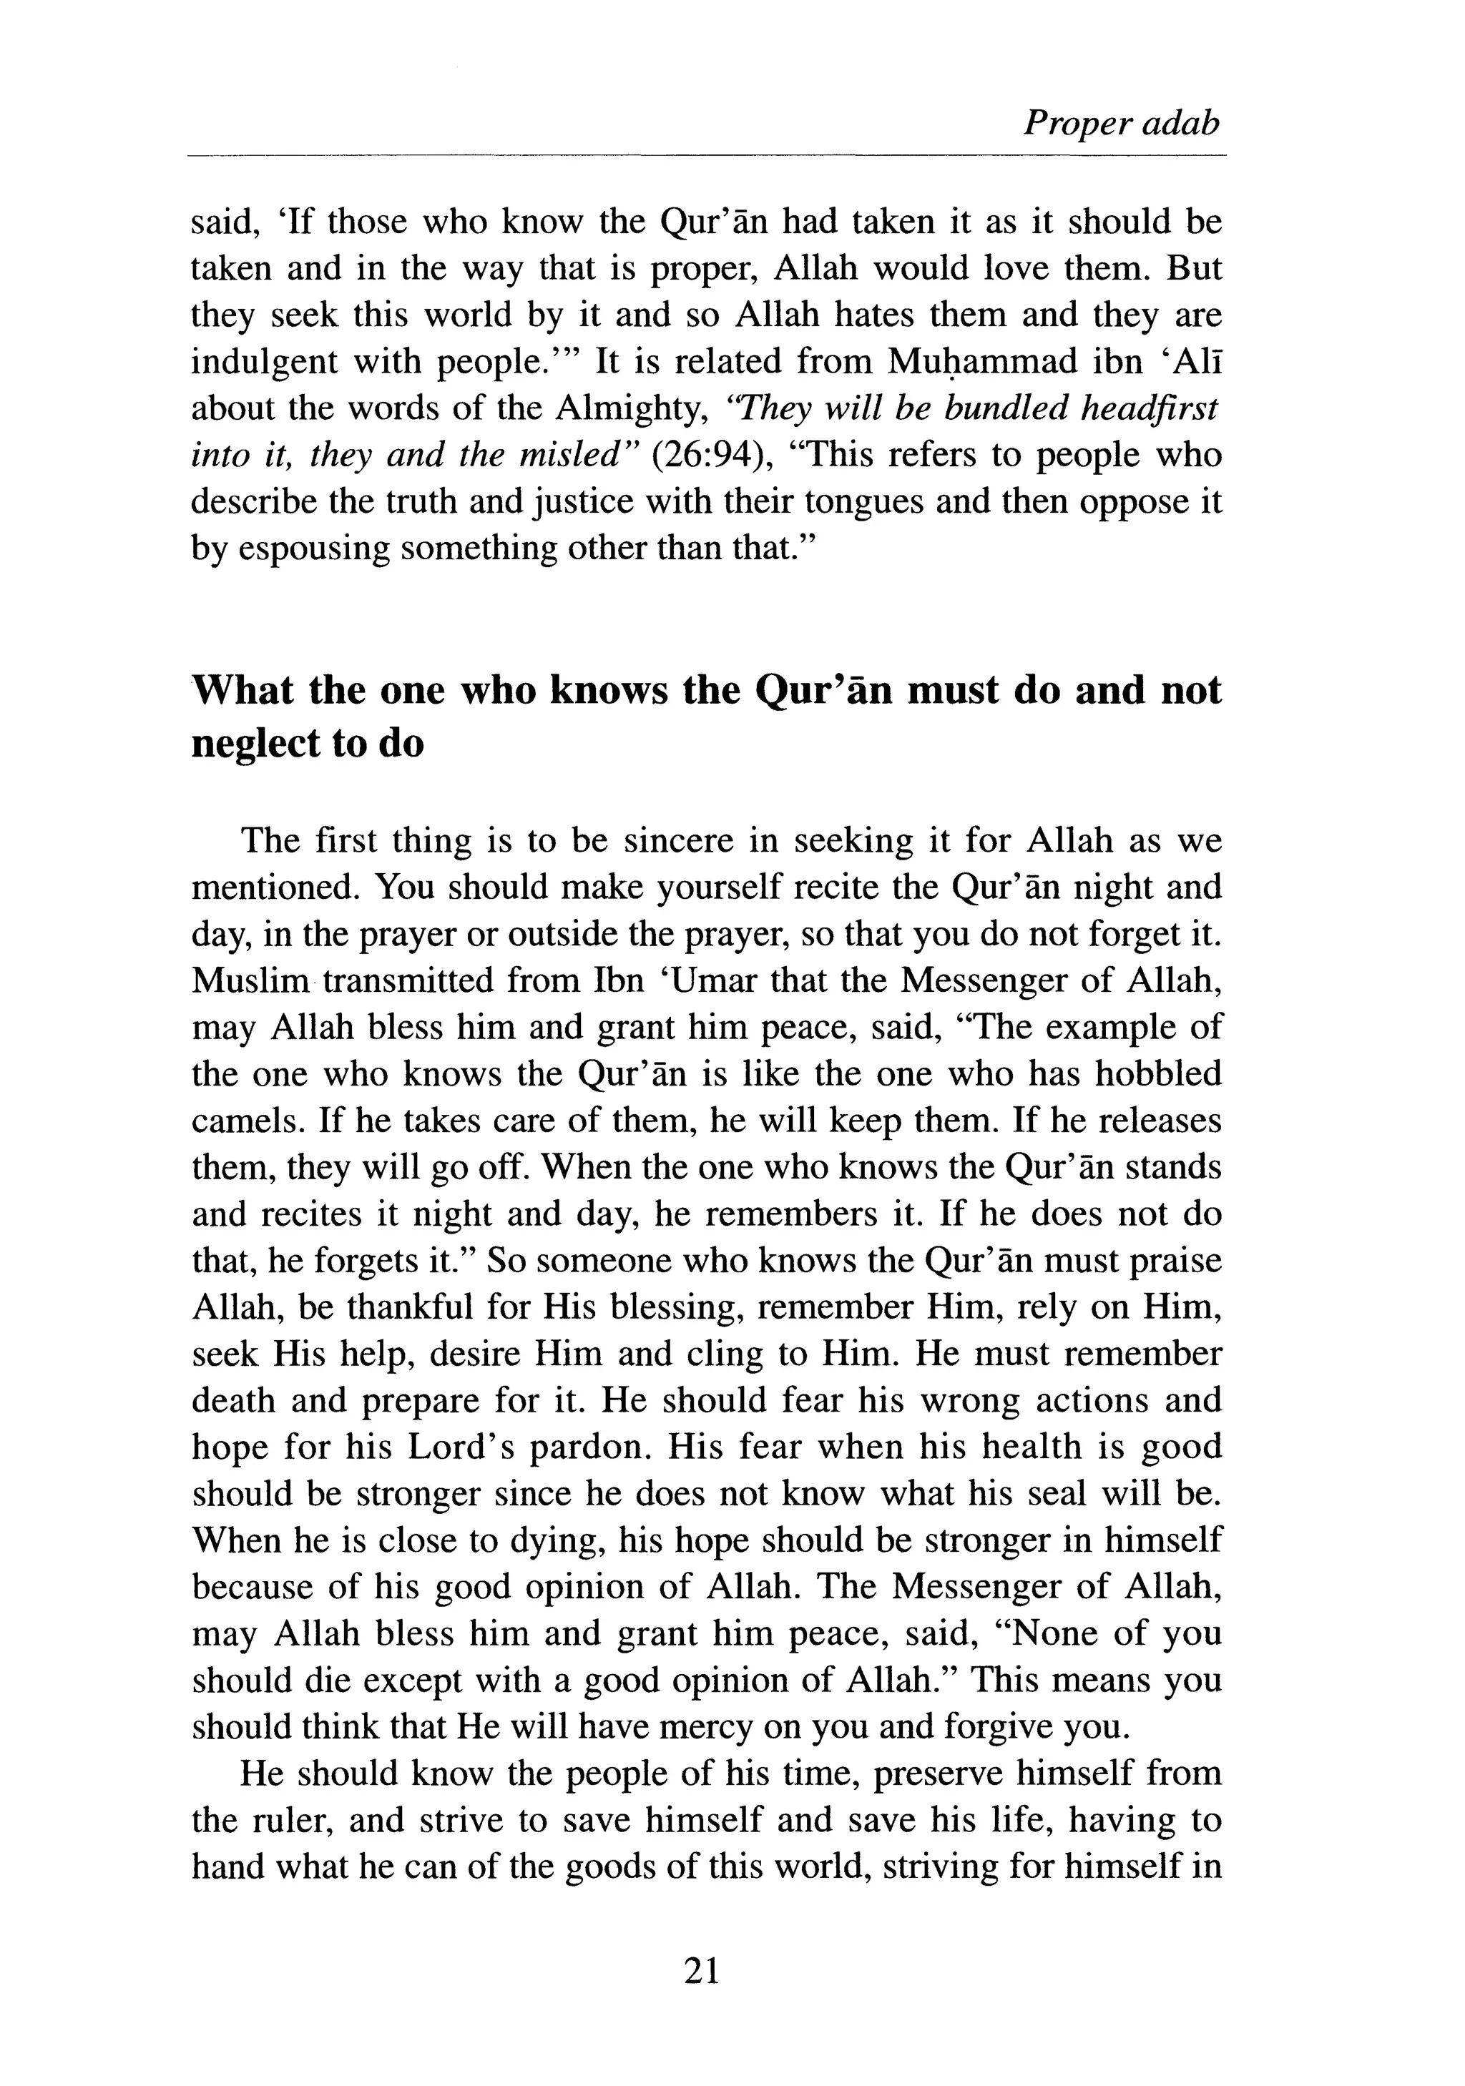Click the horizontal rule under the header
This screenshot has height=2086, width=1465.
(x=706, y=157)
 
